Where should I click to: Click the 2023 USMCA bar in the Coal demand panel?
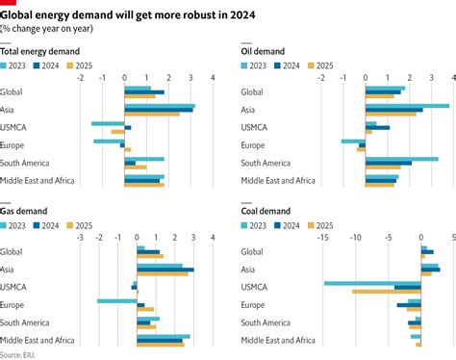pos(372,283)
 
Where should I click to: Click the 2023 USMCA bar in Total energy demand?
pos(108,122)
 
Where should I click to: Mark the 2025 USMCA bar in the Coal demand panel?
pos(387,291)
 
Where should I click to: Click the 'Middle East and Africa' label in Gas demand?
pos(39,340)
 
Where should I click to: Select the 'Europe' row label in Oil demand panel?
pos(253,145)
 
